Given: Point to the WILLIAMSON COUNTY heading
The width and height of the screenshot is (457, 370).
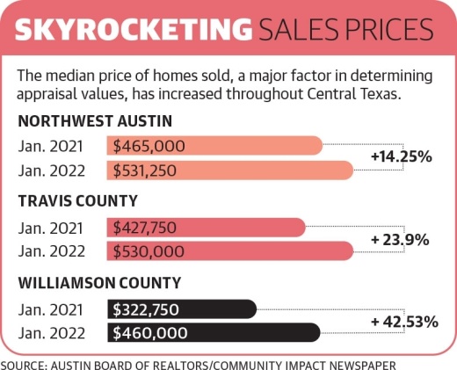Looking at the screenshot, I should (99, 282).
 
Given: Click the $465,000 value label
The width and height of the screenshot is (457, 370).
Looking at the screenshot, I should (144, 145).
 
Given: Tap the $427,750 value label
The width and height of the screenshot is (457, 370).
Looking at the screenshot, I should (144, 228).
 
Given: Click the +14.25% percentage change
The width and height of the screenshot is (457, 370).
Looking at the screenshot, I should (401, 157).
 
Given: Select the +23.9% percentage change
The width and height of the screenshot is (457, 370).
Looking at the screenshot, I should (399, 239).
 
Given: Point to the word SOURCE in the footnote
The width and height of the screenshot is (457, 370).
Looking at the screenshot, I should (26, 361).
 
